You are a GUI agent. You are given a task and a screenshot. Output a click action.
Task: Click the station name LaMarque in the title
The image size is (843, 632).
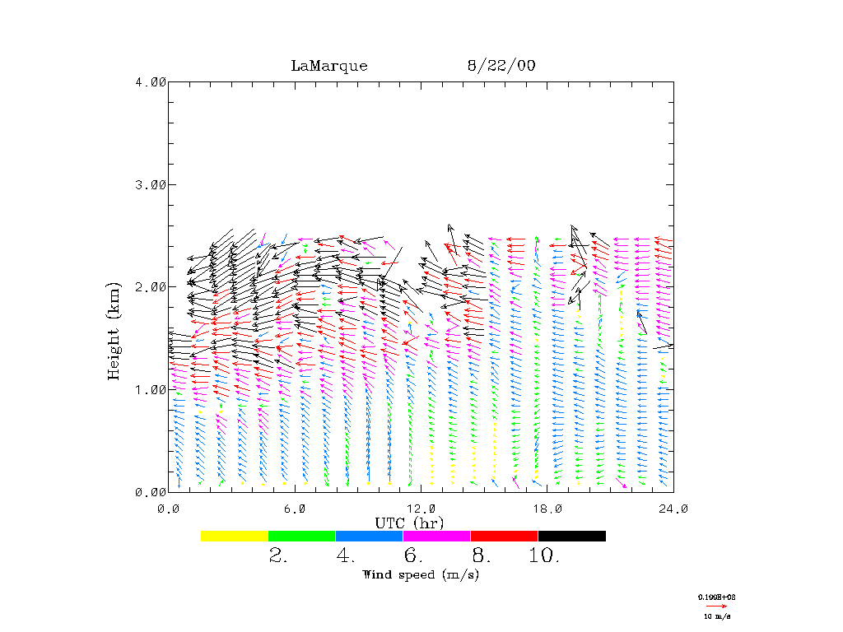pyautogui.click(x=329, y=66)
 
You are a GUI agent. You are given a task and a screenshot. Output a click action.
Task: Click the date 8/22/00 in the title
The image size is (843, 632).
pyautogui.click(x=501, y=66)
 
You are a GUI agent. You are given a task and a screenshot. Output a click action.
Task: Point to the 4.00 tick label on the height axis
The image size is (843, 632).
pyautogui.click(x=151, y=81)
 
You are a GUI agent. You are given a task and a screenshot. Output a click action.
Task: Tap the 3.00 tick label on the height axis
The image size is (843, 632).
pyautogui.click(x=151, y=184)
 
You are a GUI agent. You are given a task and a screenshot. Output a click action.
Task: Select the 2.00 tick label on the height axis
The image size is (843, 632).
pyautogui.click(x=151, y=287)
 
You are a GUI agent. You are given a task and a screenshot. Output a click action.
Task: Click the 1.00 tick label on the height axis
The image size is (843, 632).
pyautogui.click(x=151, y=389)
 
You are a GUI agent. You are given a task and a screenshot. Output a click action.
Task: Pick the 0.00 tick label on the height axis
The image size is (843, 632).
pyautogui.click(x=151, y=492)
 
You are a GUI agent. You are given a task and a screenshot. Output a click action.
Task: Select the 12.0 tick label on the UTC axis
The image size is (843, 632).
pyautogui.click(x=421, y=509)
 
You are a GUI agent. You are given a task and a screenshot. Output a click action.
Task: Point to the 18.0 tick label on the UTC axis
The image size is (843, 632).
pyautogui.click(x=547, y=509)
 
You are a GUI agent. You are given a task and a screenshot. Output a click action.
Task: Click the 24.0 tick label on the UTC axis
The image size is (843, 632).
pyautogui.click(x=673, y=509)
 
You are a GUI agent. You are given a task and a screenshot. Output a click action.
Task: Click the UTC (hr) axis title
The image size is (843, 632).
pyautogui.click(x=410, y=523)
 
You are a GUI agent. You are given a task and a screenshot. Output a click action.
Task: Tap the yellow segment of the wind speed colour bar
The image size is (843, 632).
pyautogui.click(x=235, y=536)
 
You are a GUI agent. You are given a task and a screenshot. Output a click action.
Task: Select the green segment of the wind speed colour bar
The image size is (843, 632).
pyautogui.click(x=302, y=536)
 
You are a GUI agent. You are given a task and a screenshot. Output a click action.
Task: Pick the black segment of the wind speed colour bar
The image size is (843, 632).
pyautogui.click(x=572, y=536)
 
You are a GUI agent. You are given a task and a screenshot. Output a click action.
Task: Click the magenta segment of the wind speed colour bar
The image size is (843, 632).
pyautogui.click(x=437, y=536)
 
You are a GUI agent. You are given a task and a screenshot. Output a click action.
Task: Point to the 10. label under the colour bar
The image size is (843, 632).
pyautogui.click(x=544, y=556)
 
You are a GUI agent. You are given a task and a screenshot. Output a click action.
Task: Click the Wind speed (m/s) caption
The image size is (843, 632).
pyautogui.click(x=421, y=574)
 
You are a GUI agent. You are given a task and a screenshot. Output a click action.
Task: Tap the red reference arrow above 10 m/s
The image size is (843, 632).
pyautogui.click(x=716, y=606)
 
